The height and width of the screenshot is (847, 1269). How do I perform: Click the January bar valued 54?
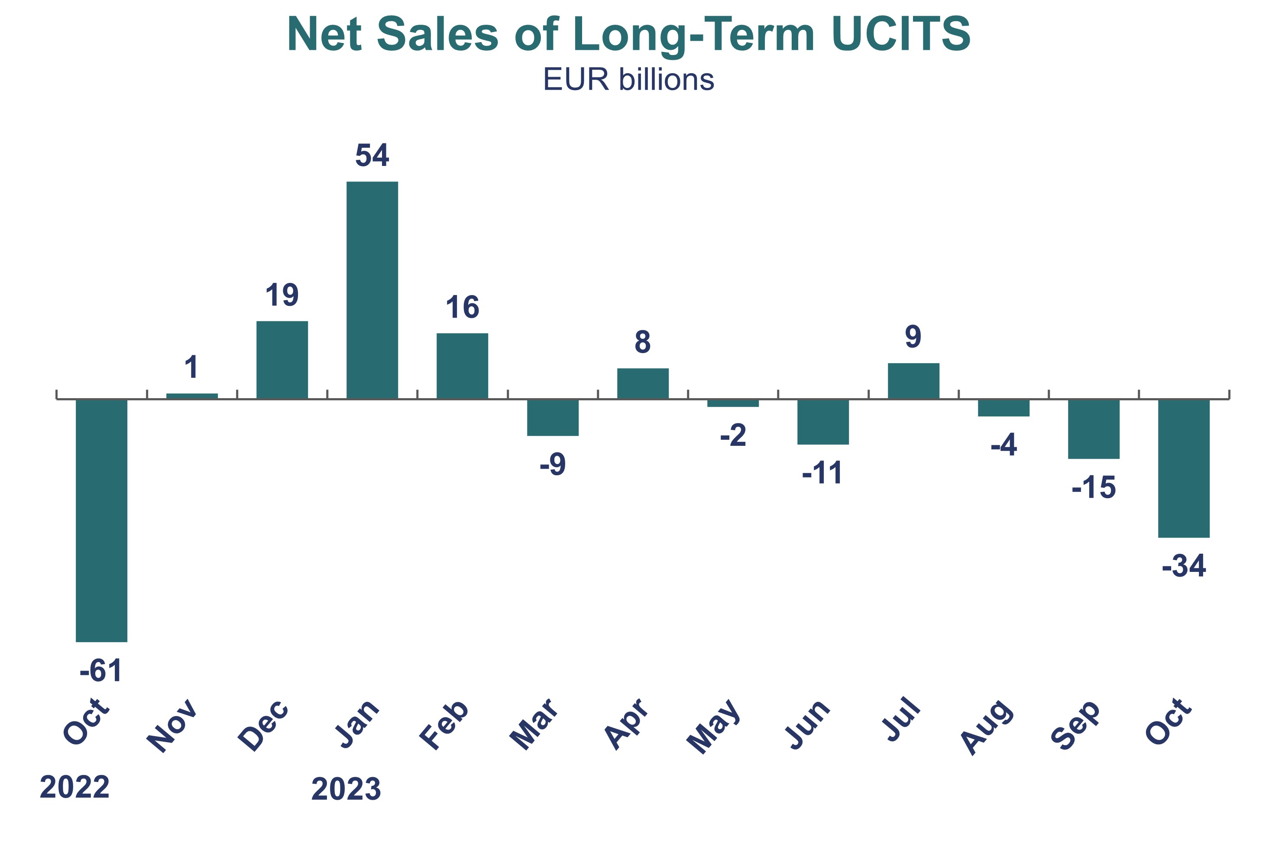372,290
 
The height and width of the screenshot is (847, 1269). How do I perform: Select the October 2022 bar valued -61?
101,520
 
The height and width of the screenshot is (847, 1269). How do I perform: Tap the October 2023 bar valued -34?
1184,468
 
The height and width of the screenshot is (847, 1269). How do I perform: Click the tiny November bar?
192,396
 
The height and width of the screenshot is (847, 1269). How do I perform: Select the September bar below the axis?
1094,429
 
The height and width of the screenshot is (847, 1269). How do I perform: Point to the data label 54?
372,156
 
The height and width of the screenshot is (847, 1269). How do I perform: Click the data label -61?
101,671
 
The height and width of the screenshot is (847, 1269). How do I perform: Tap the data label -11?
822,473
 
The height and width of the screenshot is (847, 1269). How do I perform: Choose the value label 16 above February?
462,308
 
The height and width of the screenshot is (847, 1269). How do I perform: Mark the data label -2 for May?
733,435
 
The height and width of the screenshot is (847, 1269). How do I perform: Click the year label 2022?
74,787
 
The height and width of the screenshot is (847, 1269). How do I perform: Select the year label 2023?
346,789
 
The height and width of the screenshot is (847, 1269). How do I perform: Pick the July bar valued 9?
913,381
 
